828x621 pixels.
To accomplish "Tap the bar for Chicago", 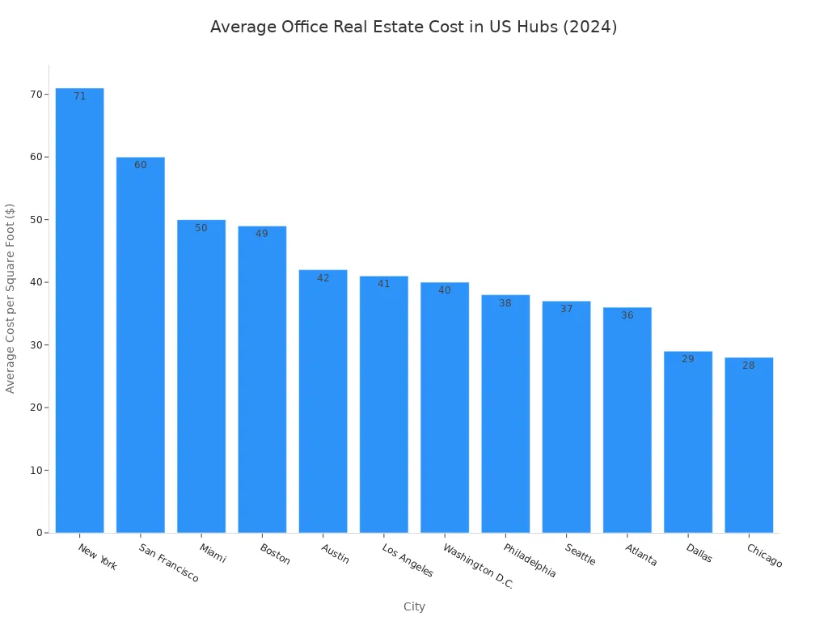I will [748, 445].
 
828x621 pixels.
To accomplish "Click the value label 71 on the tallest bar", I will [79, 96].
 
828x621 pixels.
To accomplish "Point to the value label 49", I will [262, 234].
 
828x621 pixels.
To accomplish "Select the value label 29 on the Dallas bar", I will [687, 359].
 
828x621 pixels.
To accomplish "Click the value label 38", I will [505, 303].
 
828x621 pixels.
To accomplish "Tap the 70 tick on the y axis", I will [36, 95].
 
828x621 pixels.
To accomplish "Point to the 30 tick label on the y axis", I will [36, 345].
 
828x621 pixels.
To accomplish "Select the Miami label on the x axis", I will [213, 553].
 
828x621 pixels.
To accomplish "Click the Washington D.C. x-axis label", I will [478, 566].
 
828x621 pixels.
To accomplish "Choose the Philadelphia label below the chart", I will [530, 560].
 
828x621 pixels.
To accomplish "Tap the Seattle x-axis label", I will [581, 555].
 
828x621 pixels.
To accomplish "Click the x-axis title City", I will [414, 606].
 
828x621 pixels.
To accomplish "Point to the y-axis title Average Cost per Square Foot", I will [11, 298].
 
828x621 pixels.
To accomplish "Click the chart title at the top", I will [413, 27].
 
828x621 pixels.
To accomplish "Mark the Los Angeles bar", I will [383, 404].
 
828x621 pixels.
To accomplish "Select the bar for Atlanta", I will [627, 420].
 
